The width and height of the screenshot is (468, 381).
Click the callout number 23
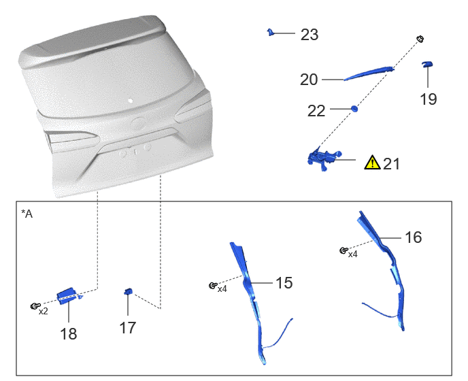(x=310, y=35)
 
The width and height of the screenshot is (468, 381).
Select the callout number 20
(x=309, y=80)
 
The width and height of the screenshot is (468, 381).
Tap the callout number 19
(x=429, y=99)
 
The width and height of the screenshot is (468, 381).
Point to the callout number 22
(x=316, y=111)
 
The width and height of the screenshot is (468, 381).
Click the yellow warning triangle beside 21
(x=372, y=163)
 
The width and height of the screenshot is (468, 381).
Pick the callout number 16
(x=414, y=237)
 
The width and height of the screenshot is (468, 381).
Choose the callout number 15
(x=284, y=283)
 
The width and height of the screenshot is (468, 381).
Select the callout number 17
(x=128, y=327)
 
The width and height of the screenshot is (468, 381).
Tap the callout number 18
(x=69, y=334)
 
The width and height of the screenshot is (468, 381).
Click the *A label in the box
(x=27, y=214)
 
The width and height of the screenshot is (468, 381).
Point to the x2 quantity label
(x=44, y=312)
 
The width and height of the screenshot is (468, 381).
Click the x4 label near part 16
(x=353, y=254)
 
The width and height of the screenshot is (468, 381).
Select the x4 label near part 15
(x=222, y=289)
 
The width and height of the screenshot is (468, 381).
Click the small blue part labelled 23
(x=271, y=32)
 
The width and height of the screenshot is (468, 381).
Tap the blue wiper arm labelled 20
(x=369, y=73)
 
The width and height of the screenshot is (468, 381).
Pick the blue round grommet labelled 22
(x=354, y=108)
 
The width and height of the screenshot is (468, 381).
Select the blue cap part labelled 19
(x=427, y=64)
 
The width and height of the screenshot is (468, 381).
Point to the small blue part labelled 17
(x=129, y=291)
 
